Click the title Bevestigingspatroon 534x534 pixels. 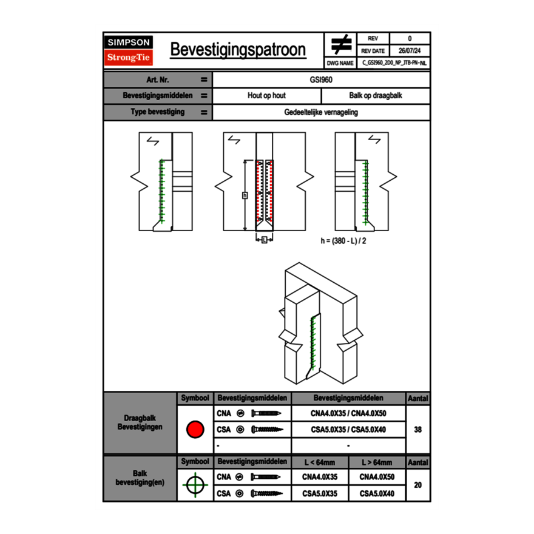(x=237, y=50)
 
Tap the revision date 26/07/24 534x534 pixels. (x=410, y=51)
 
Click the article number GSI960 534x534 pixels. (x=321, y=79)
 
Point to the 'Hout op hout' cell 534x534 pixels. (x=266, y=96)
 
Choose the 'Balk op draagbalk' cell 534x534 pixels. (x=376, y=96)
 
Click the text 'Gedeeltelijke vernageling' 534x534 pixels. (x=321, y=112)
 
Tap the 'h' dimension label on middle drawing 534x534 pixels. (x=245, y=195)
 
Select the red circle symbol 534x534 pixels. (x=194, y=430)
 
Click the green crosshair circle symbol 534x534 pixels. (x=194, y=485)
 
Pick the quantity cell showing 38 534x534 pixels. (x=417, y=430)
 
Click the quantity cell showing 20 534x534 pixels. (x=417, y=485)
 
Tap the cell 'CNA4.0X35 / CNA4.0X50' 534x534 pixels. (x=348, y=414)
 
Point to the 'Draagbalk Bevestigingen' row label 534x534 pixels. (x=140, y=423)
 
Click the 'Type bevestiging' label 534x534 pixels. (x=157, y=112)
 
